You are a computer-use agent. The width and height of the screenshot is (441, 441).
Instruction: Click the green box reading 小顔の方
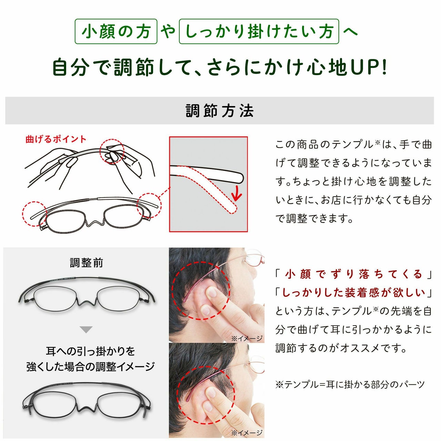116,31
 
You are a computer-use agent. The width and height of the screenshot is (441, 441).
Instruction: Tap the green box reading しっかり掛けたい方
259,31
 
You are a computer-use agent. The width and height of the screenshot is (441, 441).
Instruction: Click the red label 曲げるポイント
56,140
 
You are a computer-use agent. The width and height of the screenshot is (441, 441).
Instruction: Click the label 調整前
86,263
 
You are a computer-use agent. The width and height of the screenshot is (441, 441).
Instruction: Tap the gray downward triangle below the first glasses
86,329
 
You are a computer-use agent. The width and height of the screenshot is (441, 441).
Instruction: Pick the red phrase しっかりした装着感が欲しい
353,293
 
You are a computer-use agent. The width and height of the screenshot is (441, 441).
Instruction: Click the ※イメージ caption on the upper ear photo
247,338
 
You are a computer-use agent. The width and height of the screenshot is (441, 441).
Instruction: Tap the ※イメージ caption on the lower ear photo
247,432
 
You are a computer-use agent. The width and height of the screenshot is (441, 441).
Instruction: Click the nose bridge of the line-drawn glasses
96,223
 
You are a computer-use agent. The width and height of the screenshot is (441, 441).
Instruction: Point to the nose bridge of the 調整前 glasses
86,301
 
